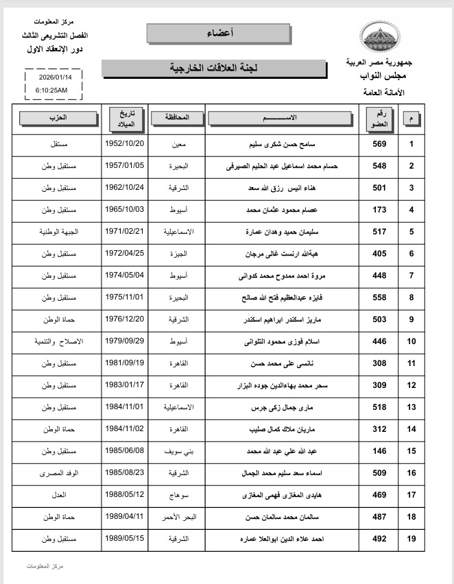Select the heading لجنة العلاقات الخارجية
tap(213, 69)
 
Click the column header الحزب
tap(58, 118)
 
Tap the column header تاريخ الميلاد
tap(123, 118)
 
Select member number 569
tap(379, 144)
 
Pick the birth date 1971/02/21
tap(123, 232)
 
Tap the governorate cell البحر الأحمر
tap(177, 517)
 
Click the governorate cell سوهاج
tap(177, 495)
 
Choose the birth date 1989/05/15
tap(123, 539)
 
